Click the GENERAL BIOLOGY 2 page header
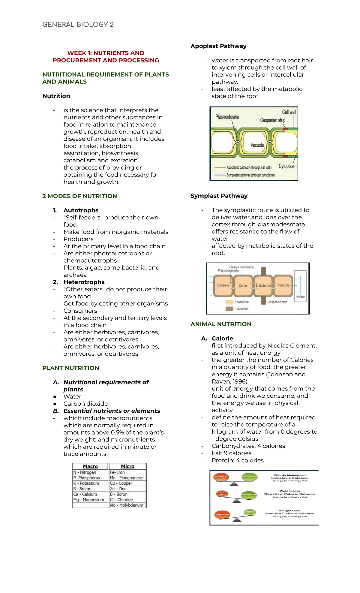pos(78,25)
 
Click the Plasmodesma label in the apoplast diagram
pos(227,117)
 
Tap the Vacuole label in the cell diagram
pos(257,145)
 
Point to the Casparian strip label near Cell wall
pos(272,120)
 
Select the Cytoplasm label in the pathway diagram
pos(287,166)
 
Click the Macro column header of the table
pos(90,466)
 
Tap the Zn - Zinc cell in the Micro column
pos(118,489)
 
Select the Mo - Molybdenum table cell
pos(126,505)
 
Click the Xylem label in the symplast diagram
pos(300,296)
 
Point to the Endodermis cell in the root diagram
pos(263,285)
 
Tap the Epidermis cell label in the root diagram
pos(223,285)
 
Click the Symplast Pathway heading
pos(219,196)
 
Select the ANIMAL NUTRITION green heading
pos(221,324)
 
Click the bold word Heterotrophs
pos(84,282)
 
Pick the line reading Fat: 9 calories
pos(231,453)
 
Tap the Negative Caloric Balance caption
pos(289,494)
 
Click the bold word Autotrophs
pos(81,210)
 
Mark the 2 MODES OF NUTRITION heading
pos(79,196)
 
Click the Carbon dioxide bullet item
pos(85,404)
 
